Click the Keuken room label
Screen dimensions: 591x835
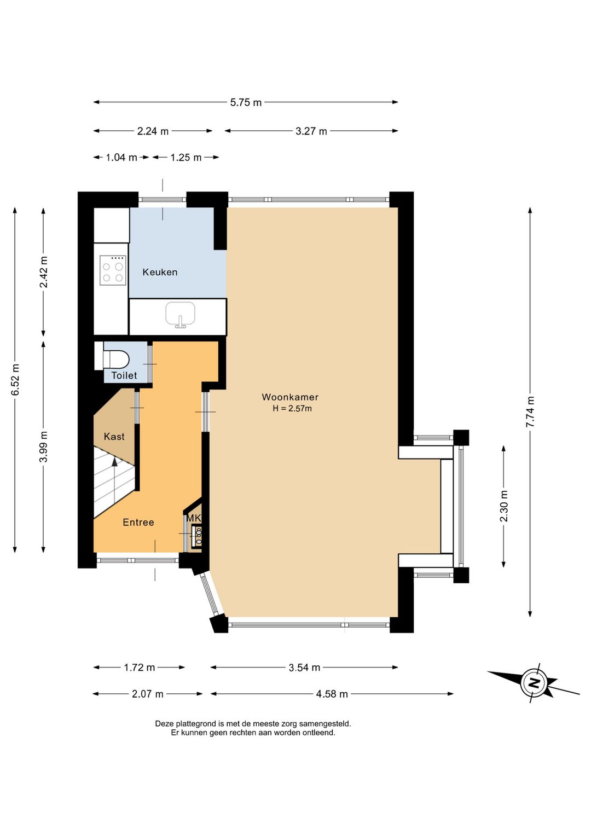pos(160,272)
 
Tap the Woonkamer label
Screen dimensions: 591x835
pos(290,397)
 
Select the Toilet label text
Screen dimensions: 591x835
pos(124,375)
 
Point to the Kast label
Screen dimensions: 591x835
pos(114,436)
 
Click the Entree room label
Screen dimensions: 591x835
pos(138,522)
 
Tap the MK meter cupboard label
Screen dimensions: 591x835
pos(194,518)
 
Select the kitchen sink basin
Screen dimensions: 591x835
pos(181,315)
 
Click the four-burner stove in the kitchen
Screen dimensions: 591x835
pos(112,270)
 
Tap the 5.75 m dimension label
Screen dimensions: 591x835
pos(246,102)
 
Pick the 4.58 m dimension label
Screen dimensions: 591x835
pos(332,694)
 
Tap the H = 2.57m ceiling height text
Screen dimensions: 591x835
pos(292,409)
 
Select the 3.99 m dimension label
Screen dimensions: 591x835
pos(44,446)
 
